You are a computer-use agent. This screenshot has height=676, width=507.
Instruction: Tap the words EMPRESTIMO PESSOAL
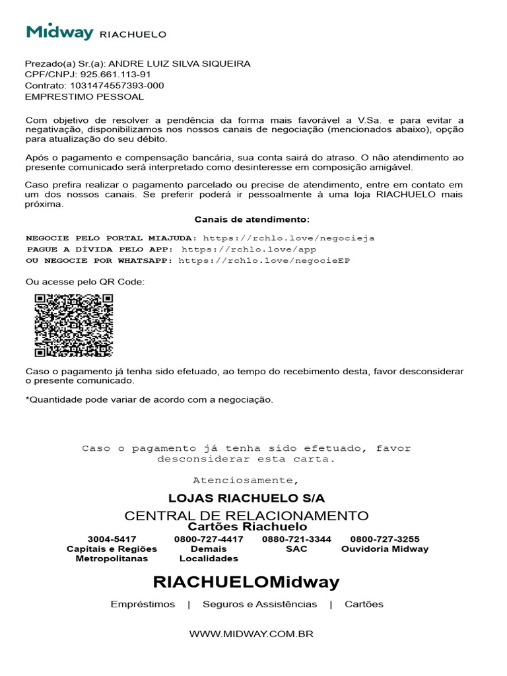tap(84, 96)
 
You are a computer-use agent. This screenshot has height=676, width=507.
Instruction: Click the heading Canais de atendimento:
tap(252, 219)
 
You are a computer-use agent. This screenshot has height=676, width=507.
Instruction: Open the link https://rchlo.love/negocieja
tap(288, 238)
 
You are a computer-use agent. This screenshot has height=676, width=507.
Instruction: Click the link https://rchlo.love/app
tap(249, 250)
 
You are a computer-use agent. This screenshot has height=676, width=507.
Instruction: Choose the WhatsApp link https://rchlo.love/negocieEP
tap(264, 261)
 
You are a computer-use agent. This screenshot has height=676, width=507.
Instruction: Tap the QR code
tap(74, 325)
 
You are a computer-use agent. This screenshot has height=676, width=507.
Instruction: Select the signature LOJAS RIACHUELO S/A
tap(247, 498)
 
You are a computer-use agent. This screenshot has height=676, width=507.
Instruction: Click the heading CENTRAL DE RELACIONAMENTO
tap(247, 516)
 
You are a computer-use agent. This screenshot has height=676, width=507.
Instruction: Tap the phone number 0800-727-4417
tap(209, 539)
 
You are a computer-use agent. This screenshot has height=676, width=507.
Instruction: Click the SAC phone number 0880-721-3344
tap(296, 539)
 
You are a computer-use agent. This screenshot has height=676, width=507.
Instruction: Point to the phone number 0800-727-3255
tap(385, 539)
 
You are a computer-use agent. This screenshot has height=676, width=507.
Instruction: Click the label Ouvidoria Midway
tap(385, 549)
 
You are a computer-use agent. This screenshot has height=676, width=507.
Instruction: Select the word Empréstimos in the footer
tap(143, 604)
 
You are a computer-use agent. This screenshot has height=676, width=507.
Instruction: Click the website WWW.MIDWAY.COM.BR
tap(251, 634)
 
